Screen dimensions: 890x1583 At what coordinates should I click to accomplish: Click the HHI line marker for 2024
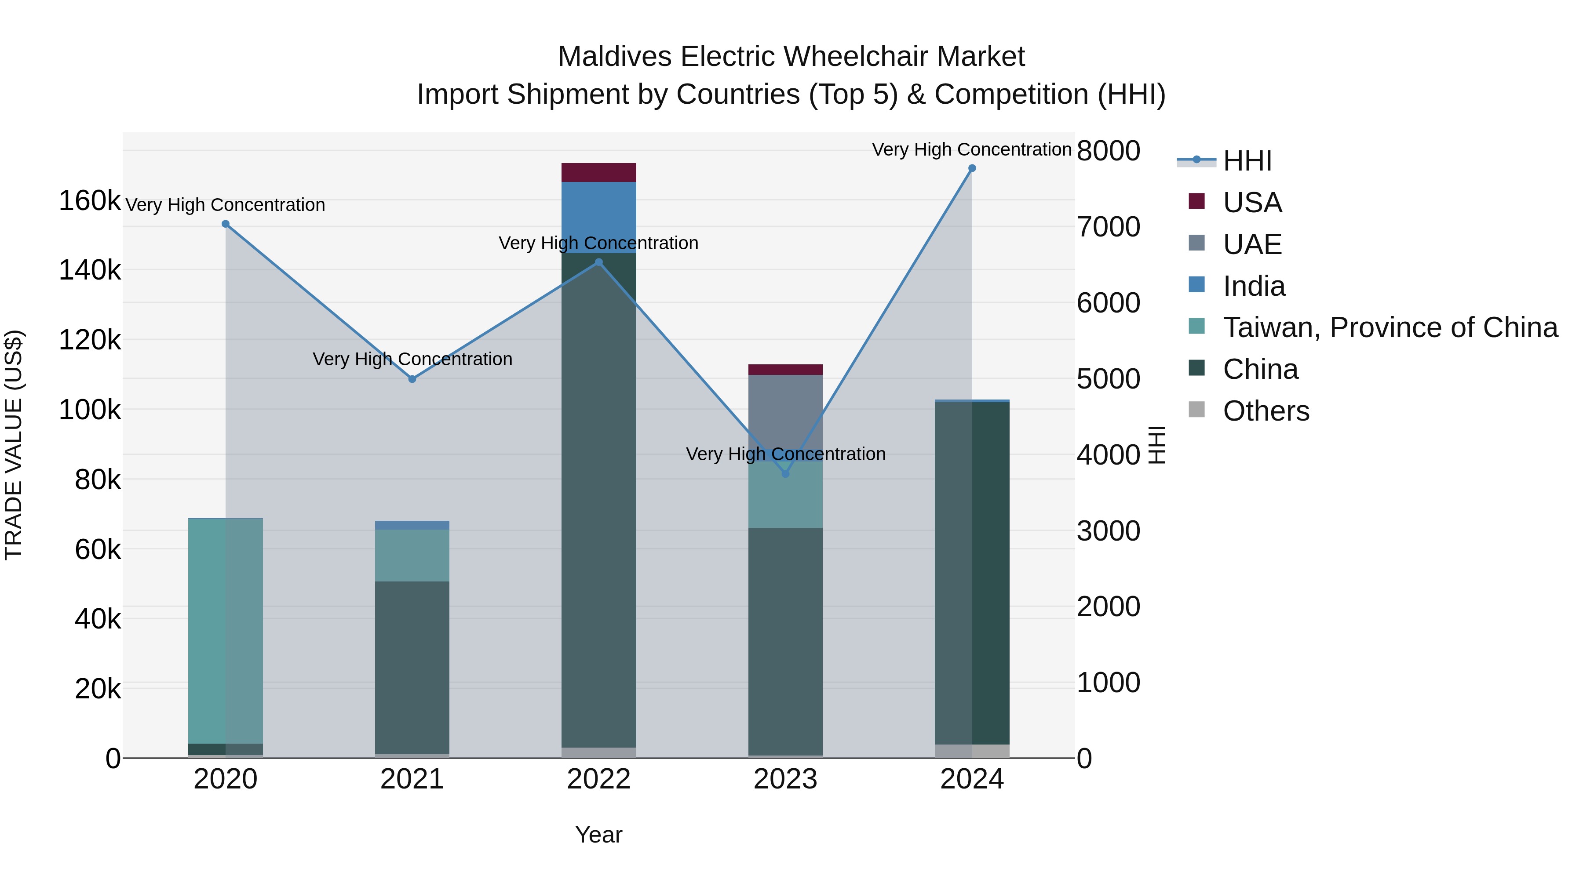[971, 168]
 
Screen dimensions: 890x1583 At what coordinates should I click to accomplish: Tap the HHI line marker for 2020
[226, 224]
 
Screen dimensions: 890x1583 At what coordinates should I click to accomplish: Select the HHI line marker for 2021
[412, 379]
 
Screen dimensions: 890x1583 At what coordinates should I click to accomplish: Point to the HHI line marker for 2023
[785, 473]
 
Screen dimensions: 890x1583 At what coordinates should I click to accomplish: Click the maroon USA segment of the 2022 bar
[598, 173]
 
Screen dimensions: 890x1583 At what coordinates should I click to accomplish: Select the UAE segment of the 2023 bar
[785, 411]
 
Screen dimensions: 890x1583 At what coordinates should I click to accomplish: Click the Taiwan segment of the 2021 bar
[412, 555]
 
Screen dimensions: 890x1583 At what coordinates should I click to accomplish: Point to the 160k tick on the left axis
[90, 201]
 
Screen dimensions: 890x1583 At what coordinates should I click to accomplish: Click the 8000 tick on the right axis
[1109, 151]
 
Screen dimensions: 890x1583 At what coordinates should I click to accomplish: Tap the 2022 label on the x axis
[598, 779]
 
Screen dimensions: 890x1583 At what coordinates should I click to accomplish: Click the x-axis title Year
[598, 835]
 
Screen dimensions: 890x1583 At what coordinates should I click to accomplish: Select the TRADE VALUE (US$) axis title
[14, 445]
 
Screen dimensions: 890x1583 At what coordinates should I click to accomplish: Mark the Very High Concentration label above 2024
[971, 149]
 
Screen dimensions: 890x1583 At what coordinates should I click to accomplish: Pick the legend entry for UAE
[1252, 244]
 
